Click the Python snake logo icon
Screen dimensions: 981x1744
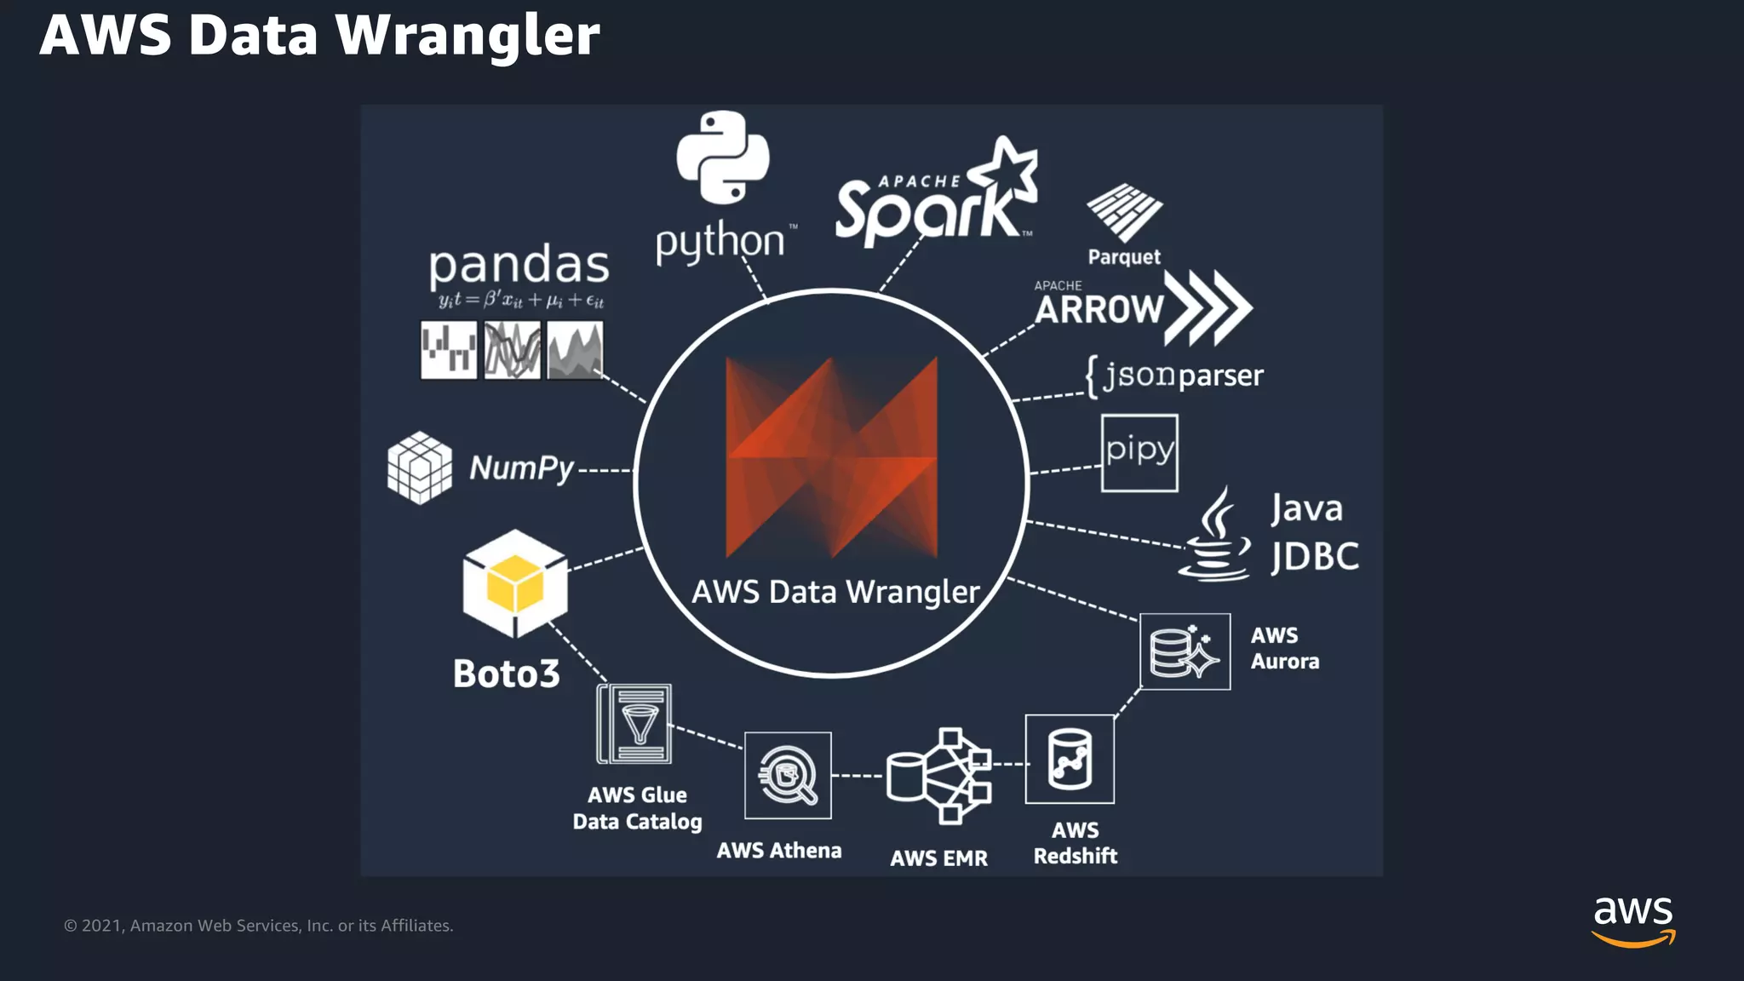pyautogui.click(x=723, y=158)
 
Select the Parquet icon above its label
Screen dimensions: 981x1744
pyautogui.click(x=1124, y=211)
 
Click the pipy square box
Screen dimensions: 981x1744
pyautogui.click(x=1139, y=453)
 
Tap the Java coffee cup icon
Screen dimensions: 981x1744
pyautogui.click(x=1216, y=536)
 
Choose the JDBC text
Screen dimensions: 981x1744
pyautogui.click(x=1315, y=557)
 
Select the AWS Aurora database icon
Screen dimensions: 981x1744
pyautogui.click(x=1185, y=651)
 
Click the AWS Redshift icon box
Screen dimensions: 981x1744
pyautogui.click(x=1070, y=759)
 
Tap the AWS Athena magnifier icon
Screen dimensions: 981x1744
pyautogui.click(x=788, y=775)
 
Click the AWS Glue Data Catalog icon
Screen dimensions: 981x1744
pyautogui.click(x=635, y=725)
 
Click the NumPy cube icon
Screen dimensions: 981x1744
pyautogui.click(x=420, y=468)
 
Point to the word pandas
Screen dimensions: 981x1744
pyautogui.click(x=519, y=266)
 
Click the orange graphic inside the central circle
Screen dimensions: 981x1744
pyautogui.click(x=831, y=458)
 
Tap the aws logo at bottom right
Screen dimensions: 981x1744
pyautogui.click(x=1632, y=920)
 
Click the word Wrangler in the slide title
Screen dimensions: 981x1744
pyautogui.click(x=468, y=36)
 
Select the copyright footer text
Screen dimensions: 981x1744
pyautogui.click(x=258, y=926)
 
